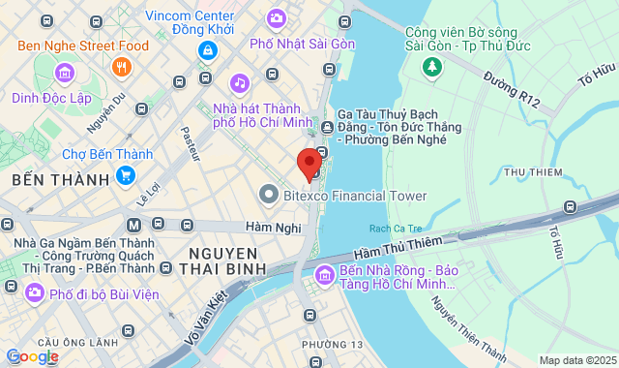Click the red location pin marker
click(309, 163)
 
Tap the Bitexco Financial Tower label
click(355, 196)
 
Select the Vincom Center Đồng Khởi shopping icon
click(207, 49)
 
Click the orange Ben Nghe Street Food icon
click(122, 66)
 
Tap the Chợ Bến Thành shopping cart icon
click(125, 175)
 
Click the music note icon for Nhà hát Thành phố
click(238, 83)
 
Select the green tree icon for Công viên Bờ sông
click(431, 68)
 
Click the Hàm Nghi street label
click(268, 227)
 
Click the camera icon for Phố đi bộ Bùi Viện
click(35, 291)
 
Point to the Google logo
click(32, 356)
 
